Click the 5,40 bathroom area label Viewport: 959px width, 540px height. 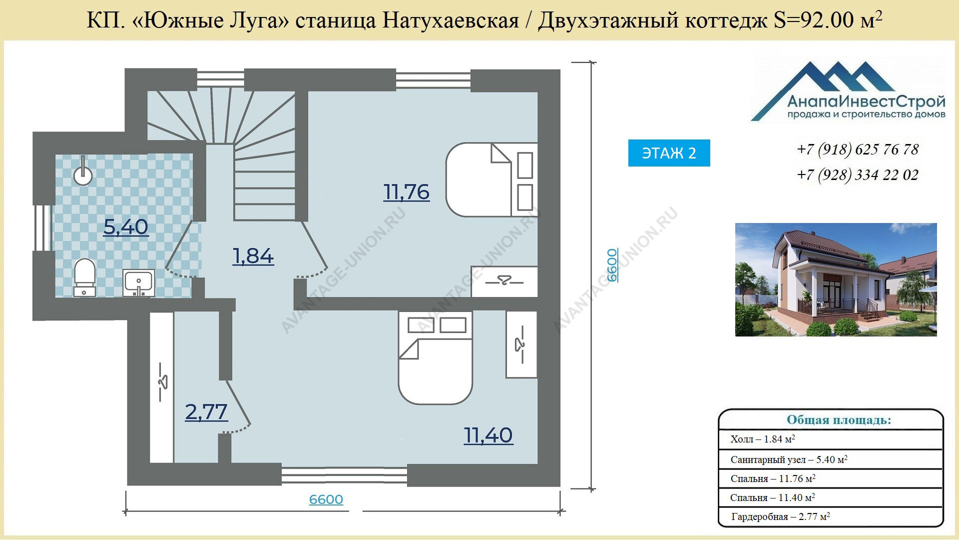[x=126, y=227]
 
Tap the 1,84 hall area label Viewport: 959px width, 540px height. [x=253, y=256]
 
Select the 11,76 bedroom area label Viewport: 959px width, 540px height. [x=407, y=192]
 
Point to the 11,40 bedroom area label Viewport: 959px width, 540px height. [x=488, y=435]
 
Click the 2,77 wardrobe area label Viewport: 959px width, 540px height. [x=206, y=412]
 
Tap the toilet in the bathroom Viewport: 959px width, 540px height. [x=84, y=277]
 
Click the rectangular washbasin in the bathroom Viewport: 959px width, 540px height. [x=139, y=283]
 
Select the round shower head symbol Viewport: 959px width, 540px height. [x=83, y=172]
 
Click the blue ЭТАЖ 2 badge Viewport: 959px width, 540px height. [x=669, y=153]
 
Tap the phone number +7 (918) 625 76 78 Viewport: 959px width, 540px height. [x=858, y=149]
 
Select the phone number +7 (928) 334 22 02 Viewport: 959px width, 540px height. [x=858, y=175]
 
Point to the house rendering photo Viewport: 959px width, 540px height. [x=836, y=279]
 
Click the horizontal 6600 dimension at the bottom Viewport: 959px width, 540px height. [x=326, y=499]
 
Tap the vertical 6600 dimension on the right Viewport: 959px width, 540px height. [x=612, y=265]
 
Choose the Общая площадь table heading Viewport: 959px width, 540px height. [x=839, y=420]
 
